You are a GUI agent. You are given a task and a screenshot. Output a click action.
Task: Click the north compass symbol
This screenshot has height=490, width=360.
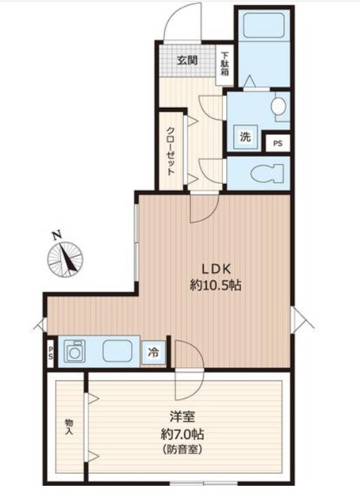click(66, 259)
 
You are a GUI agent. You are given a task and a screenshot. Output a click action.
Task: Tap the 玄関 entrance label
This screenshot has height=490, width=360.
click(187, 61)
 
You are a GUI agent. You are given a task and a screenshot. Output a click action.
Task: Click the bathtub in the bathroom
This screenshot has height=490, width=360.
click(263, 26)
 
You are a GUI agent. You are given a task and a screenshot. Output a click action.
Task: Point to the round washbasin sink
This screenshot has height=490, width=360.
click(278, 106)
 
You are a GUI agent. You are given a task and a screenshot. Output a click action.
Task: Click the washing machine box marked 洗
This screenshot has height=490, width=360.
click(246, 137)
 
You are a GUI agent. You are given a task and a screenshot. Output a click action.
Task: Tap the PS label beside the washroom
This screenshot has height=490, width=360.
click(278, 143)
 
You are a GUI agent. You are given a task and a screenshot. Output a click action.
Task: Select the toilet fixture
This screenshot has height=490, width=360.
click(268, 173)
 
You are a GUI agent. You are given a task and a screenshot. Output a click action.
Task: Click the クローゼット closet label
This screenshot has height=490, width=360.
click(170, 151)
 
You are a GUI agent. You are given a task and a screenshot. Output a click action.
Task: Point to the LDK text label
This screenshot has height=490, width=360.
click(216, 269)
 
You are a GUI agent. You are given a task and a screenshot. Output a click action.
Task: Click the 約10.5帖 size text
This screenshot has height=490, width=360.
click(216, 285)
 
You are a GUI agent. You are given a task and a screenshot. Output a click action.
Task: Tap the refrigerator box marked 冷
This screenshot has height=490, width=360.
click(154, 353)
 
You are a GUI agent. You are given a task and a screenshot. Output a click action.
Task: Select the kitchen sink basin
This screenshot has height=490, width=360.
click(117, 350)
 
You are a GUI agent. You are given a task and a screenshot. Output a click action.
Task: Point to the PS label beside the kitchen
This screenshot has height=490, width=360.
click(51, 353)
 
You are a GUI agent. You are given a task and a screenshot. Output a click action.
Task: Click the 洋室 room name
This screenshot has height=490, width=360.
click(182, 417)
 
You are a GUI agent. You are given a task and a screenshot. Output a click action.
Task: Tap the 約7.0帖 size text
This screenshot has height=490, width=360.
click(182, 434)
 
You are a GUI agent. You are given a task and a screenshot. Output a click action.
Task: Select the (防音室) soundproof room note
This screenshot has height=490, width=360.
click(182, 450)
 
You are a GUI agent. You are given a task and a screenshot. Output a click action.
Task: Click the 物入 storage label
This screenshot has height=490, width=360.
click(69, 427)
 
